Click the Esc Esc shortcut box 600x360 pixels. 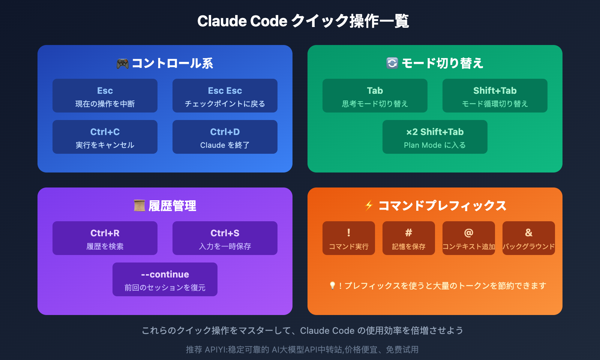225,96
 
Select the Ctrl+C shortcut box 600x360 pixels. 105,137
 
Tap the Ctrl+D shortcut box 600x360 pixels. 225,137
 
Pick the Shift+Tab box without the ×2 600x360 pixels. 495,96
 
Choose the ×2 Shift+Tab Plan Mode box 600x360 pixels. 435,137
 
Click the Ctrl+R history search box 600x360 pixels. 105,238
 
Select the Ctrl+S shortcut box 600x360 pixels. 225,238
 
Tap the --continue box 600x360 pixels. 165,279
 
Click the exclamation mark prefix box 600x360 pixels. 349,238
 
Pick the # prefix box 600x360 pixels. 409,238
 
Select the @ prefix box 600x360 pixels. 469,238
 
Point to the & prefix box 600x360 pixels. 529,238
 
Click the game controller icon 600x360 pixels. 123,63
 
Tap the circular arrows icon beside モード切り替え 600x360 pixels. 392,63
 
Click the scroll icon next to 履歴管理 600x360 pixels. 139,205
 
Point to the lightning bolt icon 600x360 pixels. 369,205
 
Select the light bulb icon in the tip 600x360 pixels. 332,286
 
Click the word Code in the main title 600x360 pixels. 268,21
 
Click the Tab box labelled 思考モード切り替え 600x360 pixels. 375,96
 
